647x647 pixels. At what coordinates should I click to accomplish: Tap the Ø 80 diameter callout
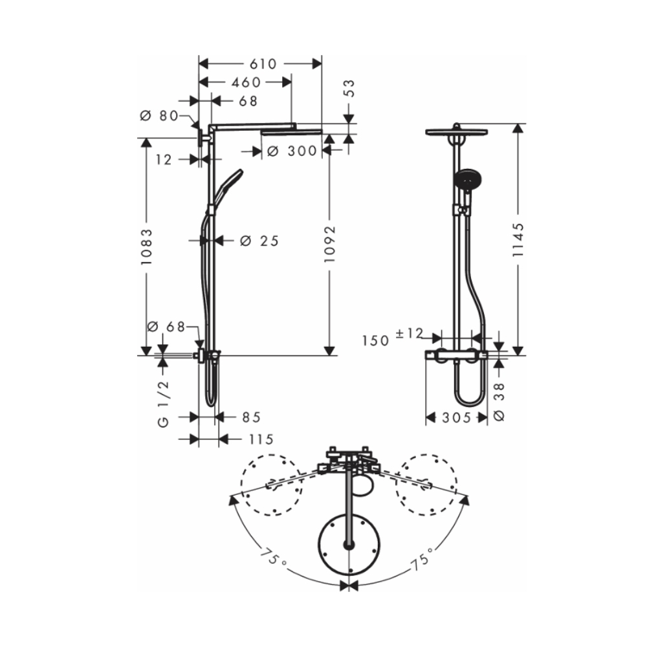pyautogui.click(x=159, y=116)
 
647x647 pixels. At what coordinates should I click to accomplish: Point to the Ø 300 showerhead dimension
pyautogui.click(x=291, y=151)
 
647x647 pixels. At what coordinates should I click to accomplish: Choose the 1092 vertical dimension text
pyautogui.click(x=330, y=243)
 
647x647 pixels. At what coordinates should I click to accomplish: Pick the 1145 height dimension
pyautogui.click(x=518, y=240)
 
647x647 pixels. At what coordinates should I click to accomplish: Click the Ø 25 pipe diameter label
pyautogui.click(x=259, y=241)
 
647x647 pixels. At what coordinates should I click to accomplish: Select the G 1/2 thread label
pyautogui.click(x=163, y=403)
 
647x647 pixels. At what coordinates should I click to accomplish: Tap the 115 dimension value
pyautogui.click(x=260, y=439)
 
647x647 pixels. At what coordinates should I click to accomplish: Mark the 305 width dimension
pyautogui.click(x=456, y=418)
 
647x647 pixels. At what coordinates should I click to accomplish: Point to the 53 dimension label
pyautogui.click(x=349, y=89)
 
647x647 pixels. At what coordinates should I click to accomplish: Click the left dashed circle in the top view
pyautogui.click(x=271, y=485)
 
